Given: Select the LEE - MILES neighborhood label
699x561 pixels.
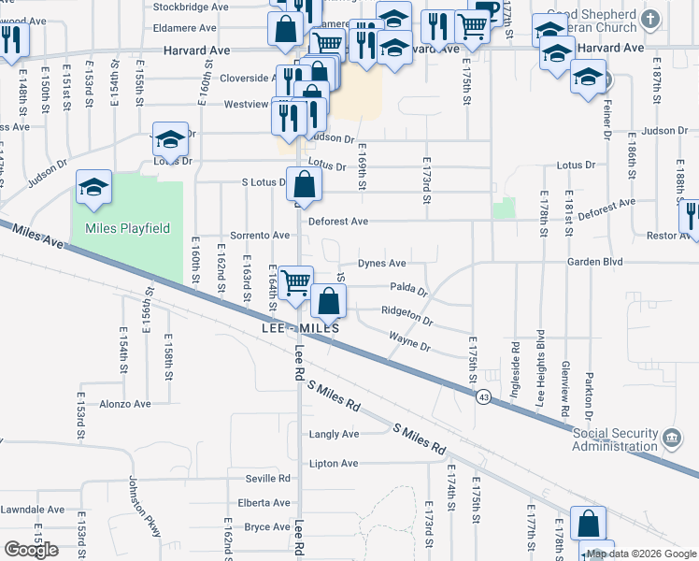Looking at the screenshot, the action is (x=300, y=330).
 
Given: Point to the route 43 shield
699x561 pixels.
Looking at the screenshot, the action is (x=483, y=397).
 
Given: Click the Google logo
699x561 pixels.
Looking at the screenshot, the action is (x=31, y=550).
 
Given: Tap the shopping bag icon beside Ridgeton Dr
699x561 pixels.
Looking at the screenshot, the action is (x=328, y=301).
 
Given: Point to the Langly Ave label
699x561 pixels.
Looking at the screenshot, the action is (x=334, y=434).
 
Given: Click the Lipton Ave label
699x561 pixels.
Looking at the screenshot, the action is (x=334, y=463).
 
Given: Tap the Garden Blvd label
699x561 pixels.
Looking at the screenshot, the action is (x=594, y=263).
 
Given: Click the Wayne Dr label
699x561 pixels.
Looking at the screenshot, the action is (x=409, y=342).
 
